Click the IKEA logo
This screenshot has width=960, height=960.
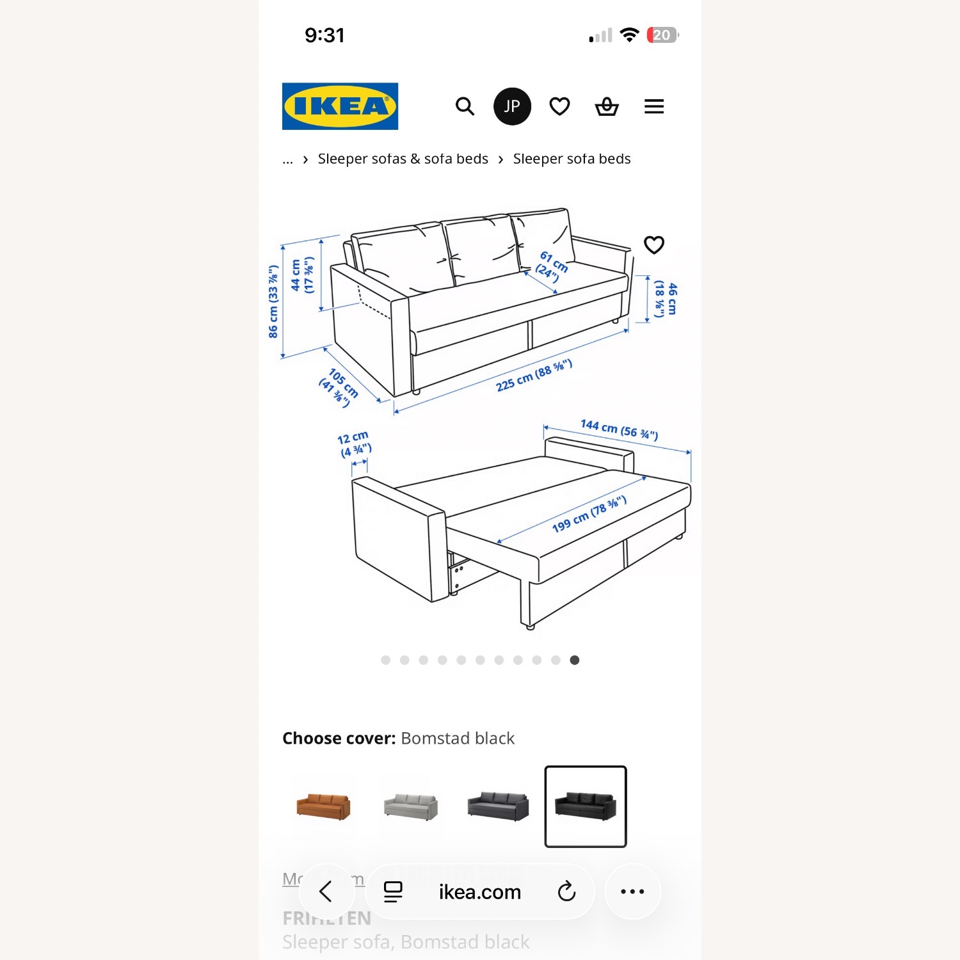click(340, 106)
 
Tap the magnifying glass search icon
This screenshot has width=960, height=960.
click(465, 106)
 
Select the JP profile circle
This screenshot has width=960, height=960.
click(512, 106)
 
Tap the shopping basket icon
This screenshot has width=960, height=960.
click(607, 106)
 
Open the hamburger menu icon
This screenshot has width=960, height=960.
click(653, 106)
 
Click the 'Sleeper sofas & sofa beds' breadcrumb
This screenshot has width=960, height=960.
click(403, 159)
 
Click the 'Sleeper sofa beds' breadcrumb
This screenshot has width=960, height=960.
click(572, 159)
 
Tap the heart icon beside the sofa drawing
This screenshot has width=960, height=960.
click(653, 244)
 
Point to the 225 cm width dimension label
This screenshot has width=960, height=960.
click(534, 376)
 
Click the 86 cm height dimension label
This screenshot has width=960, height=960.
click(274, 301)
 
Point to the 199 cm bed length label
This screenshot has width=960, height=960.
click(589, 514)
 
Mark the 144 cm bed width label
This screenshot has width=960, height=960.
click(619, 429)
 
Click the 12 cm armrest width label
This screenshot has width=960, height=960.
click(354, 444)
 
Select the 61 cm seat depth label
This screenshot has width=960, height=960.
click(552, 266)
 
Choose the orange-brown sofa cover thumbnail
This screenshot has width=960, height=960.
click(323, 806)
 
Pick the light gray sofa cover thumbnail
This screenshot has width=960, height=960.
click(411, 806)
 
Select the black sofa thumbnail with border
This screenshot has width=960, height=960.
click(585, 806)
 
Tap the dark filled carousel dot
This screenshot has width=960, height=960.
click(575, 660)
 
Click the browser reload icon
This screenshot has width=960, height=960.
click(566, 892)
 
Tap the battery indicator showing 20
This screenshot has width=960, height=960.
click(662, 35)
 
